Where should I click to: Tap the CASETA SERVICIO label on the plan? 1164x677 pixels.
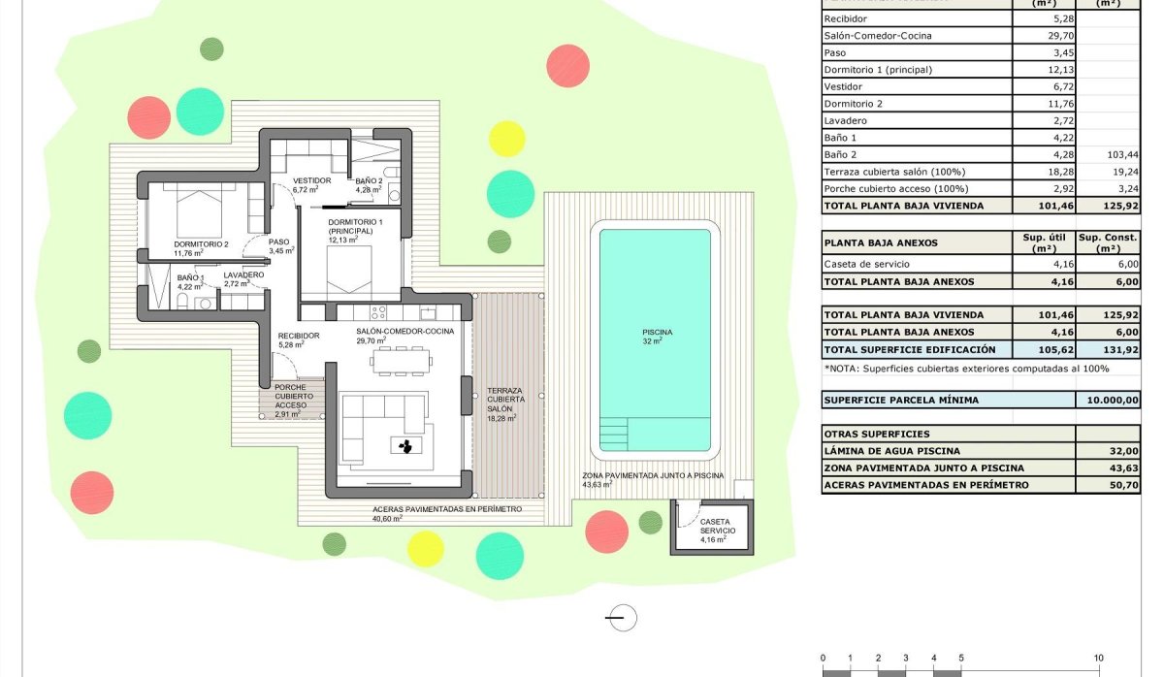point(719,527)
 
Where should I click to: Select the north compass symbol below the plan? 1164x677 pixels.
point(622,617)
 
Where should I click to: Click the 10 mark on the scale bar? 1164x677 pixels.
point(1098,658)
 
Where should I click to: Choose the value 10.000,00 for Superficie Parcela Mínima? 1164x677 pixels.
point(1109,400)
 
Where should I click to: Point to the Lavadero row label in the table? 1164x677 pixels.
point(845,120)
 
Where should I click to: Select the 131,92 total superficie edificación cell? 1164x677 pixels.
point(1109,349)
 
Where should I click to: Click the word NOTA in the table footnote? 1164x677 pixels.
point(846,369)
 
